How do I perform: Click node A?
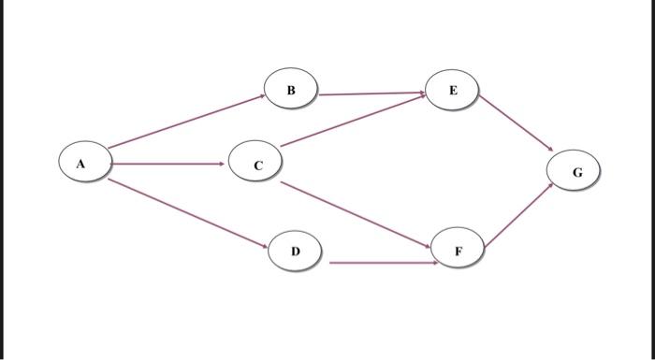81,164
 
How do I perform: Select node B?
291,90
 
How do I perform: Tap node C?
257,165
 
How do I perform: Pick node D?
295,251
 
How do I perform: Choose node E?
453,90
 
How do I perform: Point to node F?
458,251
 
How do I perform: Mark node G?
576,172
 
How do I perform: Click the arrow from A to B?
187,120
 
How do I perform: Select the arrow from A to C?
168,164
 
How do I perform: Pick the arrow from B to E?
371,94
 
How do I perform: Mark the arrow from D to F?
384,263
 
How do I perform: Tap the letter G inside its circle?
576,172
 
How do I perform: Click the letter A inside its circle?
81,164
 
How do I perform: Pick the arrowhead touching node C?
222,164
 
